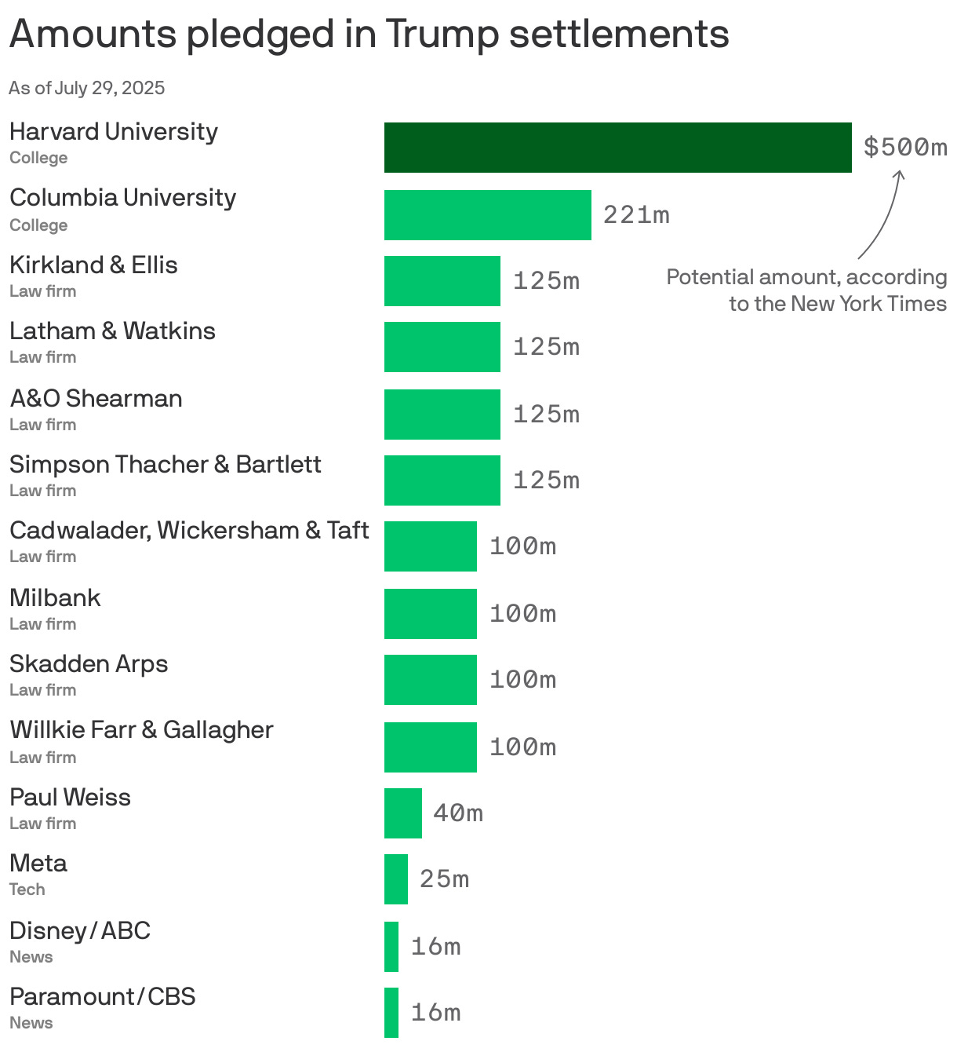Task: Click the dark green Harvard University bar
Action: point(617,148)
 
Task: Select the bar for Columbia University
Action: point(487,215)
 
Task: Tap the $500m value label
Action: point(905,147)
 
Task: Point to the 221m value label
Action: point(636,214)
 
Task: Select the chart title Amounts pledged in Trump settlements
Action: point(369,34)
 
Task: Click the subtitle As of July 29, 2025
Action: point(87,88)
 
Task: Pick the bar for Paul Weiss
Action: point(402,813)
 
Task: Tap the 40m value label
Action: point(458,813)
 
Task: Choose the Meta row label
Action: point(38,864)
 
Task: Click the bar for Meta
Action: point(395,879)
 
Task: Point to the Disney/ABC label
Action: point(80,931)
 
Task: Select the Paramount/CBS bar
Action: point(391,1013)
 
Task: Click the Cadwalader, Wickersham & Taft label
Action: point(189,531)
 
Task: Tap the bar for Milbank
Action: point(430,614)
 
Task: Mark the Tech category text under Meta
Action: point(27,889)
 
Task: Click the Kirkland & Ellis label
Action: point(93,265)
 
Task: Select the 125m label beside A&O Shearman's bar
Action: point(546,415)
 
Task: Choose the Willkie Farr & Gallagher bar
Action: point(430,747)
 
